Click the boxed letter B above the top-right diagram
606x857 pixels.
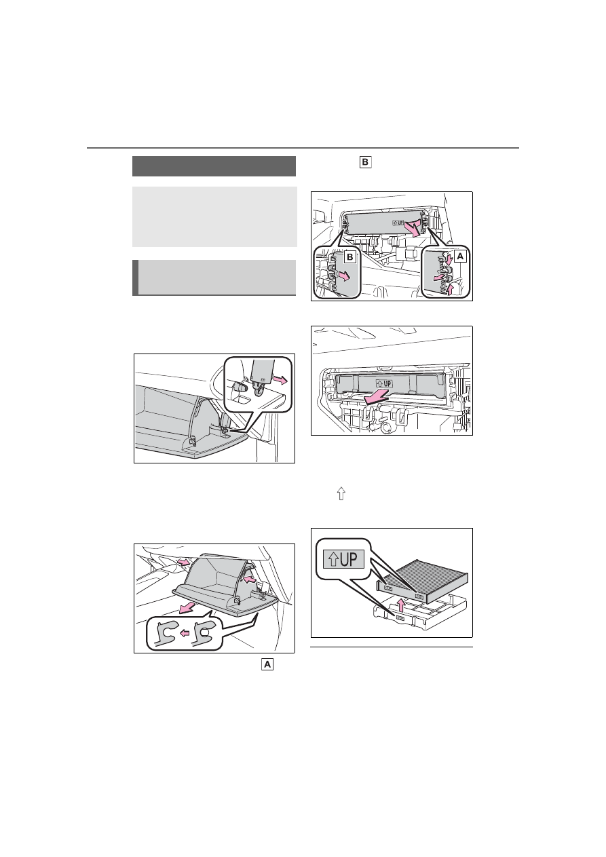(365, 162)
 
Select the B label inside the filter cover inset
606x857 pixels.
(349, 257)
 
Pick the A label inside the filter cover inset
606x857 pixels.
(460, 256)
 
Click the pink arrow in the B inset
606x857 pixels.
(345, 276)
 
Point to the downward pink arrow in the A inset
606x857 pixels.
(449, 259)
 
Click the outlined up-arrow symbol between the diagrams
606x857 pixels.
(341, 493)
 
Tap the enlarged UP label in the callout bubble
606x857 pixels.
(343, 559)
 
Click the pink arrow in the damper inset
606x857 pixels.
(280, 379)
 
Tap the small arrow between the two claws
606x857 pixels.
(185, 634)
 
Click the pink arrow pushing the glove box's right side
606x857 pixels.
(249, 579)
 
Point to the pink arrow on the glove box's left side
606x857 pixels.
(183, 562)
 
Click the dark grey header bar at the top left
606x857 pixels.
(214, 166)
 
